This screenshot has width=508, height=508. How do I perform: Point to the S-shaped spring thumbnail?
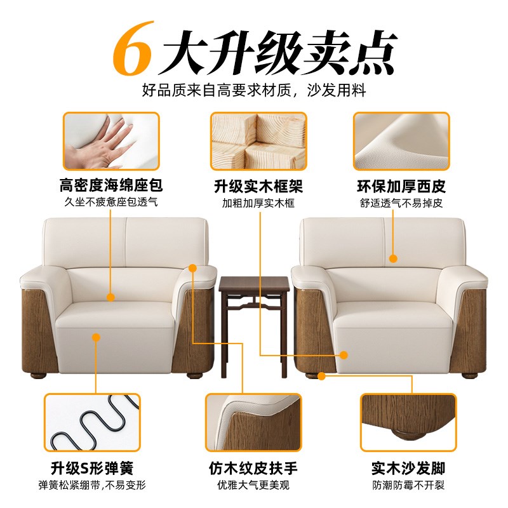coord(91,422)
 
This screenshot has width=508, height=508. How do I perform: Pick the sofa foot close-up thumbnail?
coord(408,422)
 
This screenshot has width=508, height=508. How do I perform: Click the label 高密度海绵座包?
coord(111,187)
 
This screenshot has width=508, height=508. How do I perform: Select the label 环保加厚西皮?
coord(401,187)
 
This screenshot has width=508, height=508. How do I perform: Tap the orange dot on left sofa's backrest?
coord(110,297)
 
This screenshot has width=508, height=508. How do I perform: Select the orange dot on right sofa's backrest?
coord(393,258)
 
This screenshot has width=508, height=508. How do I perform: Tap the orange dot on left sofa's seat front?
coord(97,338)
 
